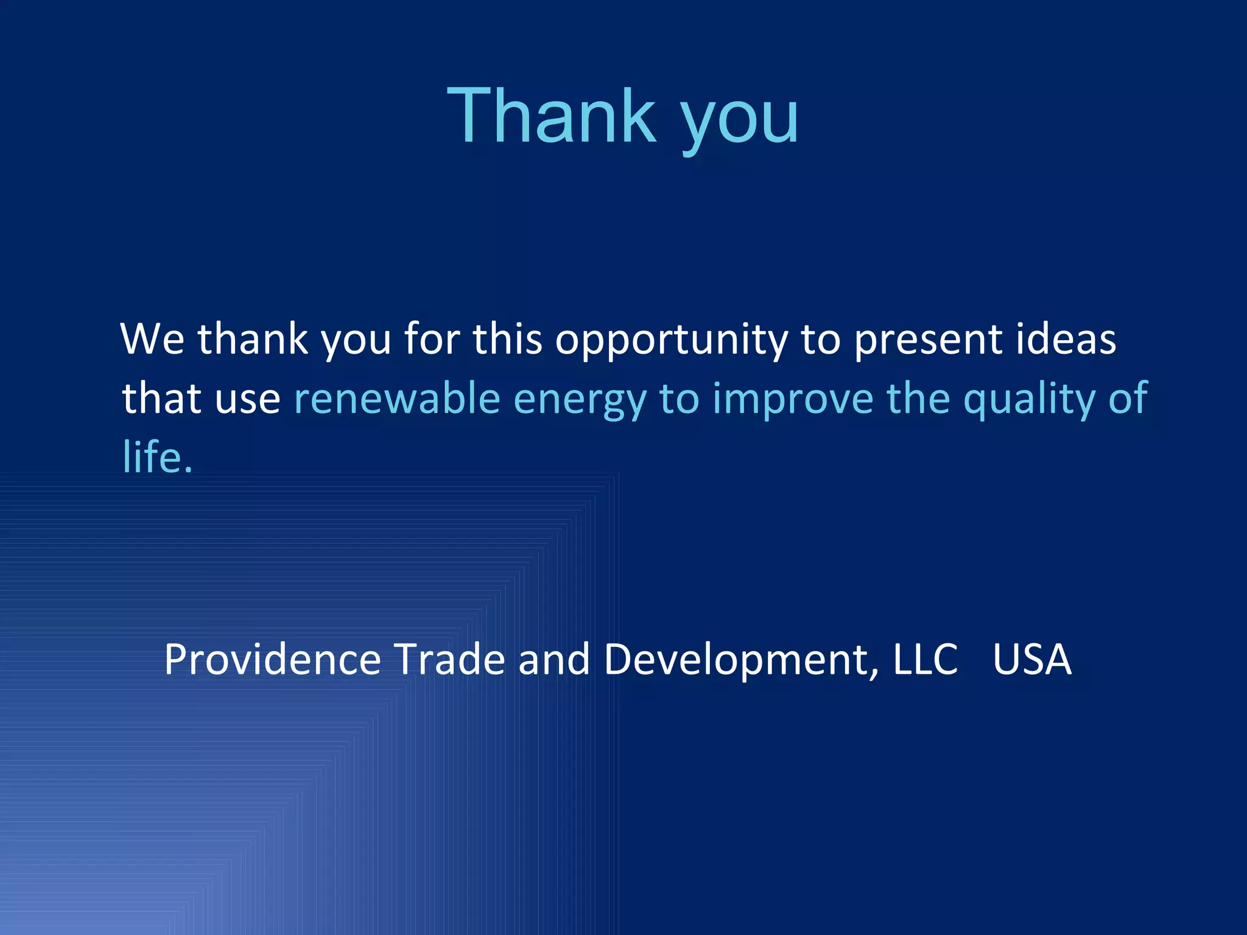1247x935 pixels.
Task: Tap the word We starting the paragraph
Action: coord(152,338)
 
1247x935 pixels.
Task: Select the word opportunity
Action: coord(671,341)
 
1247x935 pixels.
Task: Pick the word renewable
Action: coord(397,399)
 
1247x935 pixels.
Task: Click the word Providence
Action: coord(272,660)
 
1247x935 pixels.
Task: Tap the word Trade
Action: coord(449,660)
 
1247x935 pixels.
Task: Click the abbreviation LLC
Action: coord(925,660)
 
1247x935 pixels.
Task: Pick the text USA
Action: coord(1032,660)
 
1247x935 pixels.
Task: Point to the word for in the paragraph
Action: coord(432,338)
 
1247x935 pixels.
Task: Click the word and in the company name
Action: coord(554,660)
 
